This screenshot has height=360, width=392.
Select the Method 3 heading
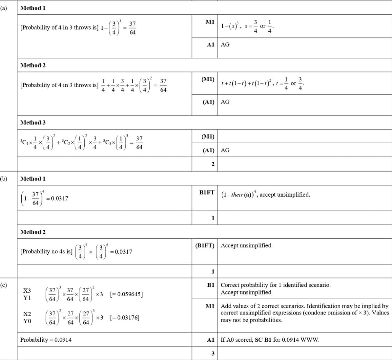[x=33, y=122]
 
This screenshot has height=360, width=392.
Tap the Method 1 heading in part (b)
[x=33, y=178]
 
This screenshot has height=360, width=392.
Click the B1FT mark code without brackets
[x=207, y=192]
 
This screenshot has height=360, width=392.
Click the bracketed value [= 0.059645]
[x=127, y=294]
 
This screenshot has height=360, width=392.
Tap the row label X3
[x=27, y=291]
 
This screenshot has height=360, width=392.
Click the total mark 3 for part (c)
[x=213, y=354]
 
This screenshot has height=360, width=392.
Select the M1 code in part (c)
[x=210, y=306]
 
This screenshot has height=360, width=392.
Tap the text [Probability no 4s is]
[x=46, y=251]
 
